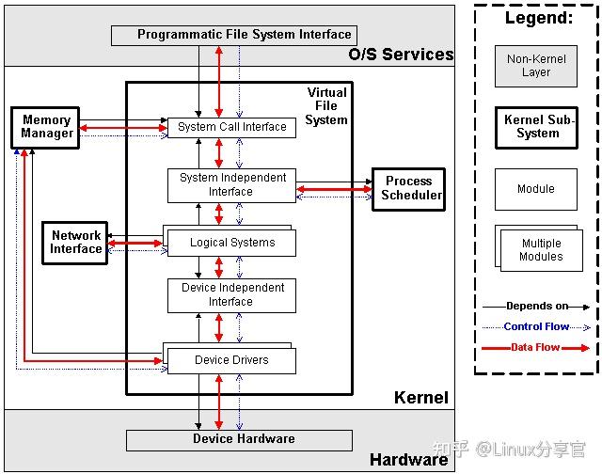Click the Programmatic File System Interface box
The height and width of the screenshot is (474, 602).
(231, 35)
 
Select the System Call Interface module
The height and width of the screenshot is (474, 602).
(231, 127)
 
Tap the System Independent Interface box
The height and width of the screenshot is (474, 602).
(231, 184)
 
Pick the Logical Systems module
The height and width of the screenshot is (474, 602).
(232, 243)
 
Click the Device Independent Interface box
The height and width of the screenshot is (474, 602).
(231, 295)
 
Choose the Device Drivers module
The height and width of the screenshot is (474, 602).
(231, 360)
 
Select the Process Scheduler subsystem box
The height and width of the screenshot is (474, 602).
(408, 188)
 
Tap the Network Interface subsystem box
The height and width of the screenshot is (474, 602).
(75, 243)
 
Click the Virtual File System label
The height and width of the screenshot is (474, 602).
(326, 106)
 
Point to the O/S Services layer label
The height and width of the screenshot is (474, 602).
(401, 55)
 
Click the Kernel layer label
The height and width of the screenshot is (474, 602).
(420, 398)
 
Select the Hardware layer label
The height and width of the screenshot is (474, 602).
(408, 460)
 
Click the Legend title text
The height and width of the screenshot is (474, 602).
(538, 18)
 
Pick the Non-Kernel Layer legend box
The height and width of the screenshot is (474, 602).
(536, 66)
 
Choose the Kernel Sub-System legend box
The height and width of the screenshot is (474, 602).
(536, 127)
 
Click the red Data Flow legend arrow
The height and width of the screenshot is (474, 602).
(536, 348)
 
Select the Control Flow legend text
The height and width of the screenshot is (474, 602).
(536, 326)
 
